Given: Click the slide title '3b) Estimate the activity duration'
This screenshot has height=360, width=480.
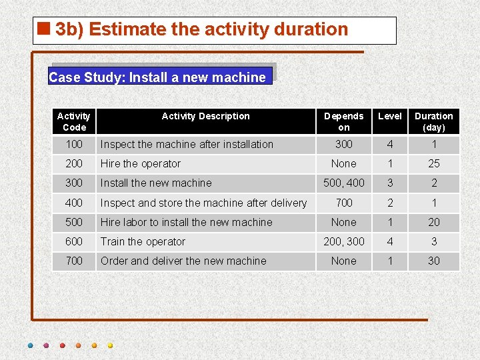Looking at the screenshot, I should tap(201, 29).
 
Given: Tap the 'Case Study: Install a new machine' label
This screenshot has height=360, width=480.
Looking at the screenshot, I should tap(157, 77).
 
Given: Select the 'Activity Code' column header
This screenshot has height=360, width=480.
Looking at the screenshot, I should tap(74, 121).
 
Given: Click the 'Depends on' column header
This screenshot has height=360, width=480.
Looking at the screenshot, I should tap(343, 121).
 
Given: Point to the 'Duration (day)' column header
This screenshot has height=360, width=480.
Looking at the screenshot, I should tap(434, 121).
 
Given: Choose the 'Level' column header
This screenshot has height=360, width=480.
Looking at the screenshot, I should tap(390, 116).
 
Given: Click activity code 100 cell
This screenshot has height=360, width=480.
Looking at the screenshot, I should tap(74, 144).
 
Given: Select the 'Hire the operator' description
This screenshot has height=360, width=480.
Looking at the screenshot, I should tap(141, 163).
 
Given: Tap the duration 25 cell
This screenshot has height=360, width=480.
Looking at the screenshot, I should tap(434, 163).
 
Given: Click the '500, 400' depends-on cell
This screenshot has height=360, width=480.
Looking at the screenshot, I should tap(343, 183).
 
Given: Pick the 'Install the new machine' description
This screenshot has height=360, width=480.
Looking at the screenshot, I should tap(156, 183).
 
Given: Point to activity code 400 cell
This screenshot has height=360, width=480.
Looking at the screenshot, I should tap(74, 203).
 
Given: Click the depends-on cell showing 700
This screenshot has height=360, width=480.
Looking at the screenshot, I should tap(343, 203).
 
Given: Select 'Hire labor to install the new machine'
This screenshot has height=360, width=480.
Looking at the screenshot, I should tap(187, 222).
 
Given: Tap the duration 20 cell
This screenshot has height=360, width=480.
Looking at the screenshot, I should tap(434, 222).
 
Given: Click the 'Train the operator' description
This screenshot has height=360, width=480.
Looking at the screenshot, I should tap(143, 241).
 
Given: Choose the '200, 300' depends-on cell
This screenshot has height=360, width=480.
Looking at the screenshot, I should tap(343, 241).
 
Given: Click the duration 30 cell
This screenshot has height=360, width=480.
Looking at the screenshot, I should tap(434, 261).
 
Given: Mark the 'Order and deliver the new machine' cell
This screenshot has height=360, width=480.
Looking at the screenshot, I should tap(183, 261).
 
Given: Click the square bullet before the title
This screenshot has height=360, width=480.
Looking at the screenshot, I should tap(45, 29).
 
